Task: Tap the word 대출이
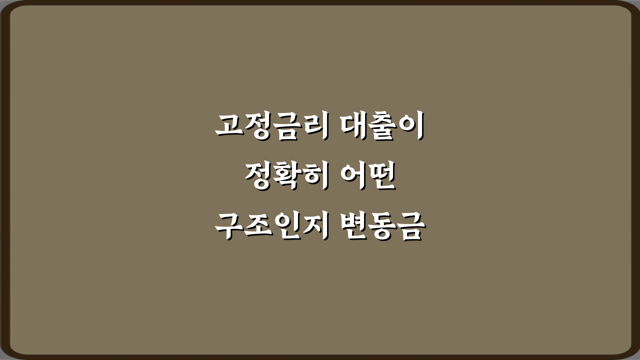point(381,126)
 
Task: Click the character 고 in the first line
point(229,126)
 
